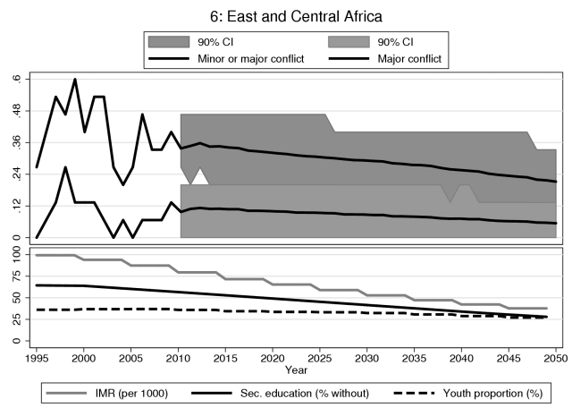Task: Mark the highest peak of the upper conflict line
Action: click(75, 80)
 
